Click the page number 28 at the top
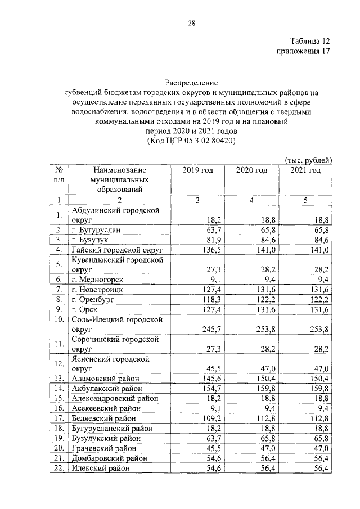(x=191, y=23)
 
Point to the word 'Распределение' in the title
(x=191, y=82)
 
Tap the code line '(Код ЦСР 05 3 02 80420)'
(x=191, y=141)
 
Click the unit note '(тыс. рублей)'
(x=309, y=160)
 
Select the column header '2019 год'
(x=198, y=170)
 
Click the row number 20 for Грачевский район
(x=58, y=448)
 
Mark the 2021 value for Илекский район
(x=318, y=469)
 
